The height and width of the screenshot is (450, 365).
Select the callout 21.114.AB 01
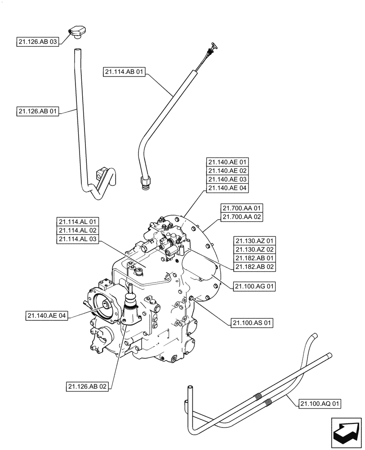tap(125, 72)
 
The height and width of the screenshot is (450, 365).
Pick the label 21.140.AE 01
tap(227, 162)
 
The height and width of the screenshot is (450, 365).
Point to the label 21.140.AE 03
tap(227, 180)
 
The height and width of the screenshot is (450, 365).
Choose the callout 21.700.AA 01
tap(242, 208)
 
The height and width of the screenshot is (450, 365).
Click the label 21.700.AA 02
tap(242, 217)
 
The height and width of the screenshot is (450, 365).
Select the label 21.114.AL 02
tap(78, 230)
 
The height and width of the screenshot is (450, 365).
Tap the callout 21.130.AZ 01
tap(254, 240)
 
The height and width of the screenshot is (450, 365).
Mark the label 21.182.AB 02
tap(254, 267)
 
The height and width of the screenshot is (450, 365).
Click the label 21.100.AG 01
tap(254, 286)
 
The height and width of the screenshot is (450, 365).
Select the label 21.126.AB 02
tap(88, 386)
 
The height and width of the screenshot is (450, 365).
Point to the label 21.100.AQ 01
tap(319, 404)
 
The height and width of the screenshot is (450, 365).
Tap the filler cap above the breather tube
tap(77, 31)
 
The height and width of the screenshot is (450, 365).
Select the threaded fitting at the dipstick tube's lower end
tap(145, 182)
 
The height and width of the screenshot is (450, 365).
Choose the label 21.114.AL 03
tap(78, 239)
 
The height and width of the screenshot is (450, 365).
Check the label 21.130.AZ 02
tap(254, 249)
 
